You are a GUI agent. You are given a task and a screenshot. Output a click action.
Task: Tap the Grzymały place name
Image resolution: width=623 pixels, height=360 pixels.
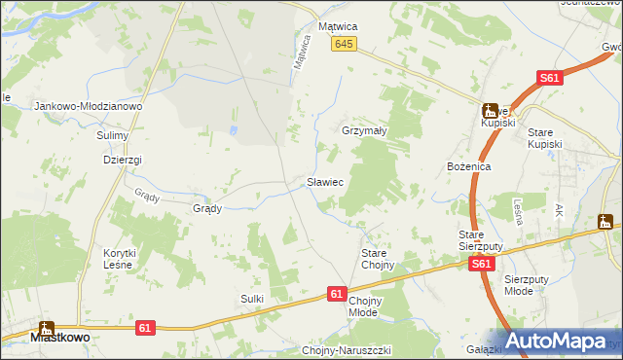click(x=364, y=129)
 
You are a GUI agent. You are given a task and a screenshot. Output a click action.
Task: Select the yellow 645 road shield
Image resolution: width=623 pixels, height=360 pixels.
click(x=344, y=45)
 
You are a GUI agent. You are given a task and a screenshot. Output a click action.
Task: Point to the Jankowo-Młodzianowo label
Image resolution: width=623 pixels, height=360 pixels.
click(x=89, y=106)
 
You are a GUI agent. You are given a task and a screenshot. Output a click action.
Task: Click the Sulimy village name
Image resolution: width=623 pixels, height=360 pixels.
click(x=113, y=135)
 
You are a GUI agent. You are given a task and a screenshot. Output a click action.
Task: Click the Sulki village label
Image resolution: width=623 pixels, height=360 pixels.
click(x=252, y=299)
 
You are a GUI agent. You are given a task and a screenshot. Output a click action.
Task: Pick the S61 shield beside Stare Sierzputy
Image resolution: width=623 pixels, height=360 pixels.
click(x=479, y=264)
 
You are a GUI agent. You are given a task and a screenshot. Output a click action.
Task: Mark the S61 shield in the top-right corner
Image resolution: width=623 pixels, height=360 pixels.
click(x=550, y=79)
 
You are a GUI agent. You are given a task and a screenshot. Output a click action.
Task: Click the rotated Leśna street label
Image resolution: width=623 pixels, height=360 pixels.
click(x=519, y=212)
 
